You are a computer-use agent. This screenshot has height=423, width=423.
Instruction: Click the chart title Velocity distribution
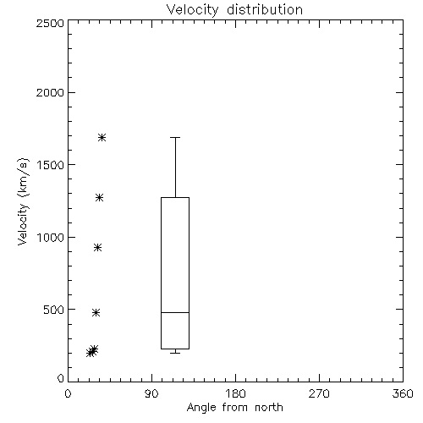(234, 10)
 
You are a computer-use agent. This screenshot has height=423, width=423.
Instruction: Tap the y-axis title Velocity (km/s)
(23, 201)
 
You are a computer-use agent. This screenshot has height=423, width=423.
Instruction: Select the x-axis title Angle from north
(234, 408)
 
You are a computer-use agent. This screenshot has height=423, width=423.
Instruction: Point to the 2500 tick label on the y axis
(50, 23)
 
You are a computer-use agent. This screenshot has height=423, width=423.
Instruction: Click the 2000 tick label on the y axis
(50, 92)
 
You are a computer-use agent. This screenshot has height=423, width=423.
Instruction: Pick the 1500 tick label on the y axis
(51, 165)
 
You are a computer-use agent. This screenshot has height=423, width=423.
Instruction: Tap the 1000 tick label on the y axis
(51, 238)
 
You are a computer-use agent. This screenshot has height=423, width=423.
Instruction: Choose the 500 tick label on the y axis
(54, 310)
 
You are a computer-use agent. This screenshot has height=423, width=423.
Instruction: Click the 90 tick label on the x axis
(151, 393)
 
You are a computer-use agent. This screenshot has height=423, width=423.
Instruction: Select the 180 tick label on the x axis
(235, 393)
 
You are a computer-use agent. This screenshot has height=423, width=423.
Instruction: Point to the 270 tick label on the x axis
(319, 393)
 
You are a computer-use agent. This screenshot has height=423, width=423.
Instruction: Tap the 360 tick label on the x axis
(403, 393)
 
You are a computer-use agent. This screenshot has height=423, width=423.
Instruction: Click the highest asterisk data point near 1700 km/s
(102, 138)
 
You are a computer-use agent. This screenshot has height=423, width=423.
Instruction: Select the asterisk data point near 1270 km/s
(99, 197)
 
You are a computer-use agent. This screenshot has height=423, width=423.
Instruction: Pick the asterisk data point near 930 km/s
(97, 248)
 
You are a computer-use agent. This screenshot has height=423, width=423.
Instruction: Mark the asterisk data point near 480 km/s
(96, 312)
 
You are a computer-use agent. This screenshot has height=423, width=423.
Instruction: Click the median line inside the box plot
(175, 312)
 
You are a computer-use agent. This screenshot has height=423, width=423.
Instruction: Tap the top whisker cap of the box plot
(175, 137)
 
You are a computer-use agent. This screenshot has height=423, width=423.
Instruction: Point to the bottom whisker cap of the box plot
(175, 353)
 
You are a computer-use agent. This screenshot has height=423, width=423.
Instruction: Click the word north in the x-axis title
(269, 408)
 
